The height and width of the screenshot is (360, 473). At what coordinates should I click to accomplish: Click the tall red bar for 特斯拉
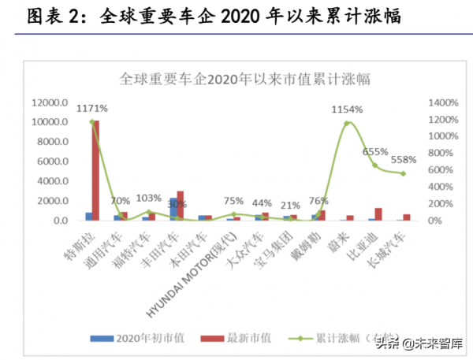(x=95, y=170)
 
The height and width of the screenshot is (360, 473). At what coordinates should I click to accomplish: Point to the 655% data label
(x=376, y=152)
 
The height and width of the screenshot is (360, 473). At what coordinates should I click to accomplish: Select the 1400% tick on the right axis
(x=442, y=103)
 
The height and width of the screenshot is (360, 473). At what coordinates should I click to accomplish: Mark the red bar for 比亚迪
(x=378, y=213)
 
